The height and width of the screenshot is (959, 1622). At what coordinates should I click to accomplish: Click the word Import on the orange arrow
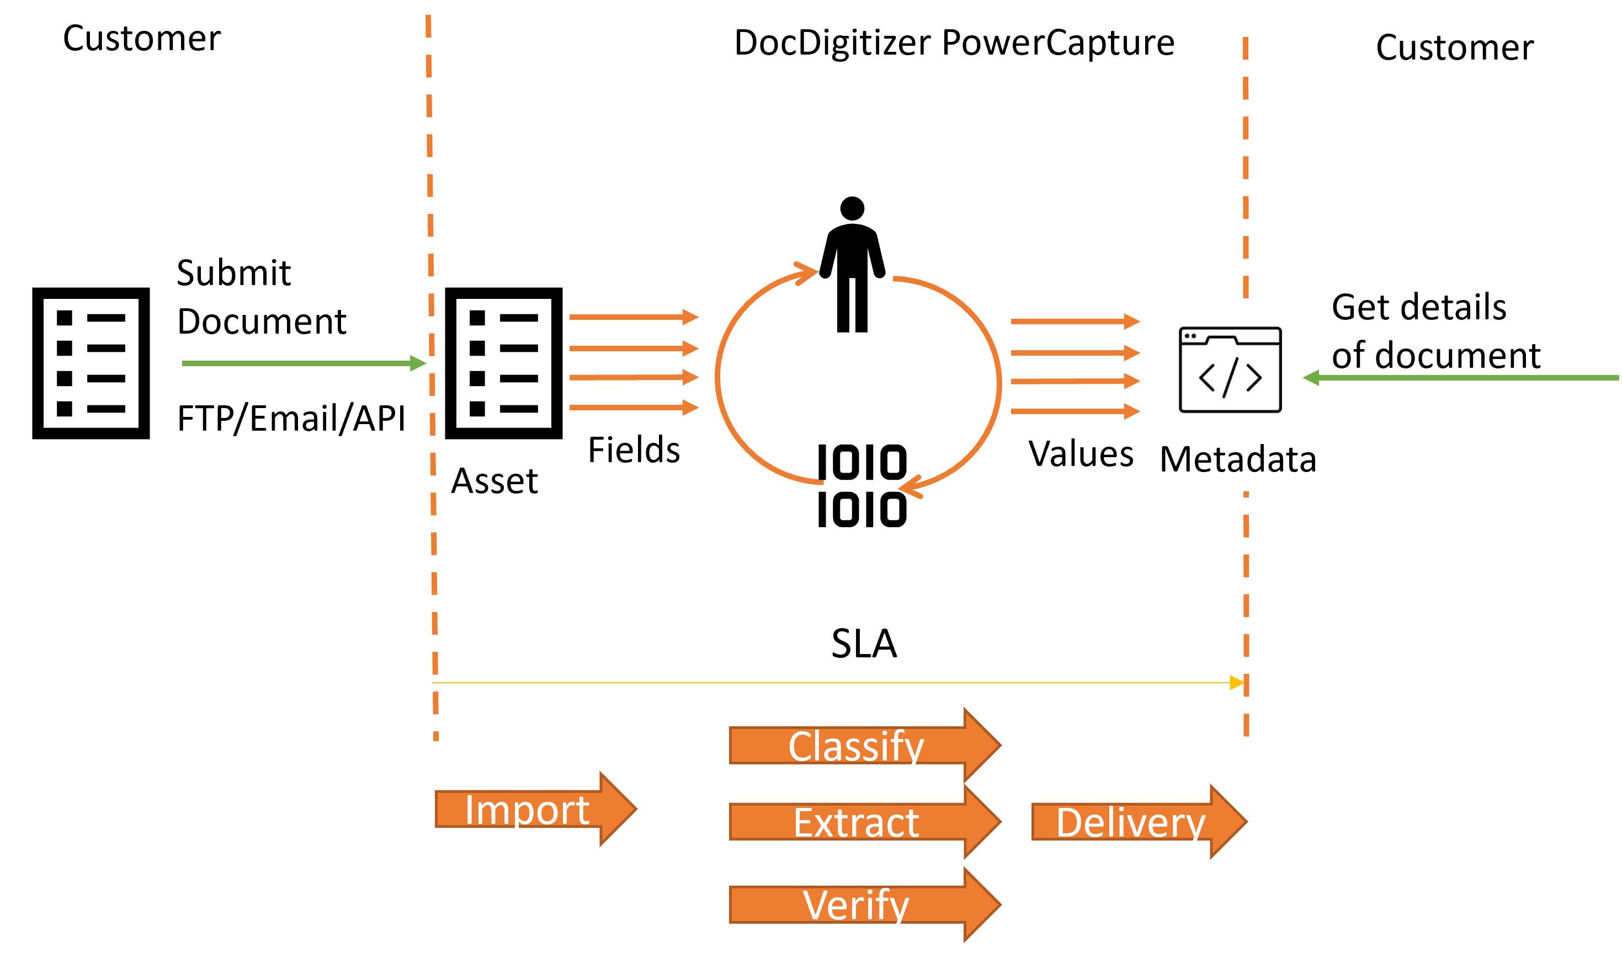coord(527,809)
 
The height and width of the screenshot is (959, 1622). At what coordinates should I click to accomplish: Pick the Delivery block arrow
coord(1130,823)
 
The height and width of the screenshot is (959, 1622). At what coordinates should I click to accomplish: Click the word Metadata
coord(1238,459)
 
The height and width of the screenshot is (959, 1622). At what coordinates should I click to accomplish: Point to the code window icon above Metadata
coord(1230,369)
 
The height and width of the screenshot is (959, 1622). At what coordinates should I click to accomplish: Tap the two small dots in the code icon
coord(1190,336)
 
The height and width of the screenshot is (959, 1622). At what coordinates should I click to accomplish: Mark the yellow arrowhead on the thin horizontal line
coord(1237,682)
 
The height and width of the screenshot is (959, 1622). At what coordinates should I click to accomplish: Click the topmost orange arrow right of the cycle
coord(1073,321)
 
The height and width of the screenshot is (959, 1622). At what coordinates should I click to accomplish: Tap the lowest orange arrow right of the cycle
coord(1073,411)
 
